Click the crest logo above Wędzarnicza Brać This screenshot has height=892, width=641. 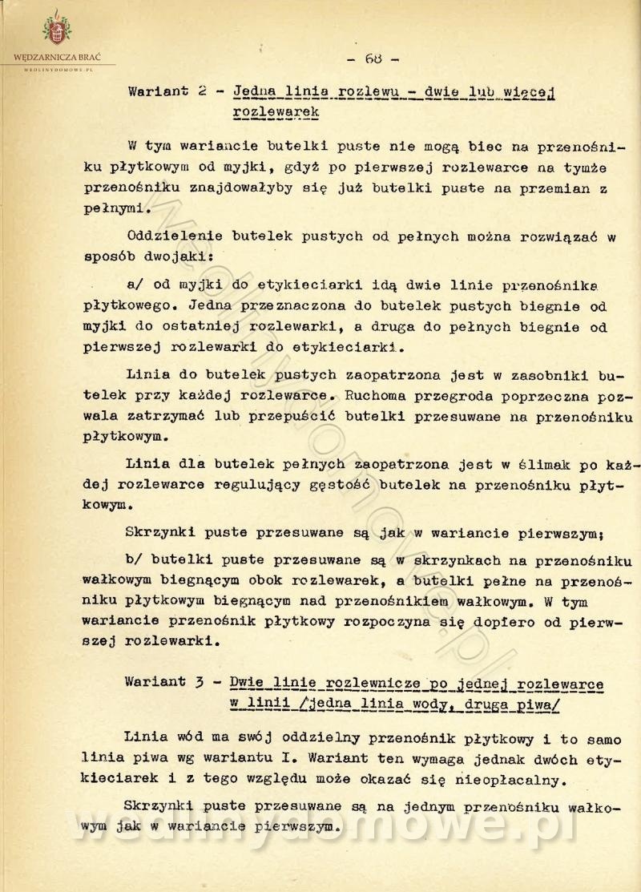pos(56,30)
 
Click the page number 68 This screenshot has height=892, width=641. pos(373,59)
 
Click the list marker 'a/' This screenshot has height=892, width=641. pos(137,283)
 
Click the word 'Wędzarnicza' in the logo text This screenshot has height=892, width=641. pos(40,58)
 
